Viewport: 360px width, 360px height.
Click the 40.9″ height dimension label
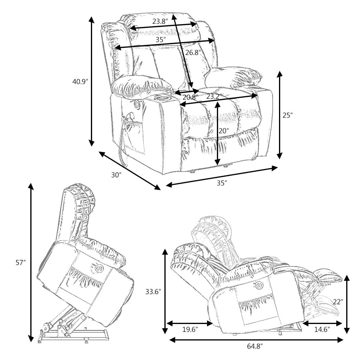click(x=80, y=82)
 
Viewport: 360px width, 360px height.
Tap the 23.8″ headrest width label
click(x=160, y=21)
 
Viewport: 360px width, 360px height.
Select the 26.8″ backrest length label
click(x=193, y=53)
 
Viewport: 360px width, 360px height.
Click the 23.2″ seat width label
click(x=214, y=97)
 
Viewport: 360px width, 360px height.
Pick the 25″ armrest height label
click(x=287, y=115)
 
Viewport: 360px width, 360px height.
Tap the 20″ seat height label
click(x=223, y=131)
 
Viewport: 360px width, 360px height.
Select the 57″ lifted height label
click(x=20, y=263)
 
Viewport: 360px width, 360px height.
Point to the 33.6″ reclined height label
click(x=153, y=291)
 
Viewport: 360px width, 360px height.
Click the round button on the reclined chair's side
click(x=259, y=285)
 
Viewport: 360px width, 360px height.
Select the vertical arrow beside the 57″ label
click(x=31, y=263)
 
